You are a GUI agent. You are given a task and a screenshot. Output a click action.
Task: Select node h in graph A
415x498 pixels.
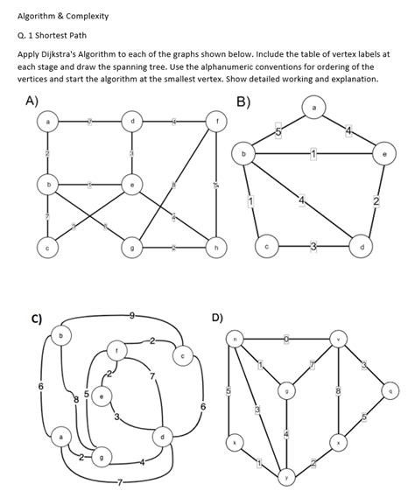(x=216, y=249)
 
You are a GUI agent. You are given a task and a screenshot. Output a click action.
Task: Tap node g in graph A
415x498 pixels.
(x=132, y=249)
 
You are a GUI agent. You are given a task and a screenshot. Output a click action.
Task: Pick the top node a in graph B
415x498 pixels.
(x=314, y=107)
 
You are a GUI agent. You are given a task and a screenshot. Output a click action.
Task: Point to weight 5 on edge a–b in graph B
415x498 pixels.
(x=278, y=131)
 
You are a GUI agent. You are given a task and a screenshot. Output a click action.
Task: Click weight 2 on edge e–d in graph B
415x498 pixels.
(x=376, y=202)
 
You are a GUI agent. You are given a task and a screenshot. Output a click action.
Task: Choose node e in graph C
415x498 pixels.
(x=103, y=396)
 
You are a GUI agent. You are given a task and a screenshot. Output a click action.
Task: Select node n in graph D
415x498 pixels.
(x=235, y=338)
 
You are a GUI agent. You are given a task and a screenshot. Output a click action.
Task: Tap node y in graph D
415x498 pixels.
(x=288, y=477)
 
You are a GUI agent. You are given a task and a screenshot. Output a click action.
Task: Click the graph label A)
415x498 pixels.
(x=31, y=100)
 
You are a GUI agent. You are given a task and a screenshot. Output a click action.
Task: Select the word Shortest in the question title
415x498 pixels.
(x=58, y=36)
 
